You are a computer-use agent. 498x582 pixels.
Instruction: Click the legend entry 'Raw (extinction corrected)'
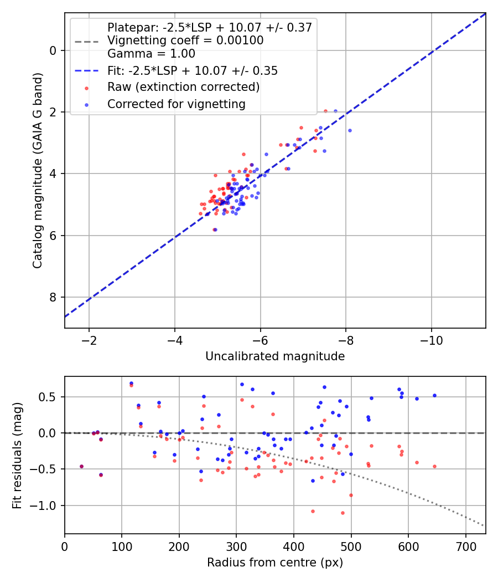[183, 87]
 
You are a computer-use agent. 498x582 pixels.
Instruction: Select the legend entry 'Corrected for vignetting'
[177, 104]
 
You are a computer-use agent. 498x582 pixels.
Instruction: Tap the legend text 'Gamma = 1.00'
[151, 54]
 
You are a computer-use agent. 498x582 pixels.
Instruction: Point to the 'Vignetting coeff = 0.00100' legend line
[185, 40]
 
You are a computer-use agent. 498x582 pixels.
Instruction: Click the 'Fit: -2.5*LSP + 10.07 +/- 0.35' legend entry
[193, 70]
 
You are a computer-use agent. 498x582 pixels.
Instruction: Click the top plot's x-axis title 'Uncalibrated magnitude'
[275, 356]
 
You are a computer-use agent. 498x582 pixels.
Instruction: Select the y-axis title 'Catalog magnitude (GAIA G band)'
[38, 170]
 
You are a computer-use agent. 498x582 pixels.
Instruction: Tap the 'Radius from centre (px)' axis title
[275, 563]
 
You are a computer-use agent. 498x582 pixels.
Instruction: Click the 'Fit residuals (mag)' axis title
[17, 456]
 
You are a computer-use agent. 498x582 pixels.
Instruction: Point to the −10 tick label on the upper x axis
[431, 340]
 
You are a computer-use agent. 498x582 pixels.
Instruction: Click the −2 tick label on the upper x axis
[89, 340]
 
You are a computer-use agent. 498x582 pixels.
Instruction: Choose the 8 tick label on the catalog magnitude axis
[53, 297]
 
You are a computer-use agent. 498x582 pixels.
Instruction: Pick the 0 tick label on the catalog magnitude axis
[53, 50]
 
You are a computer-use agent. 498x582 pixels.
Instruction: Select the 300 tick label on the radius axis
[236, 547]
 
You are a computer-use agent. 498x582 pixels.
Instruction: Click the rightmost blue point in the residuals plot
[434, 396]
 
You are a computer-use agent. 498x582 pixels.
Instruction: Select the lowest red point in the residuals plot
[343, 513]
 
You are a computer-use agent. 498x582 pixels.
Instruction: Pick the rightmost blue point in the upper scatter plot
[350, 131]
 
